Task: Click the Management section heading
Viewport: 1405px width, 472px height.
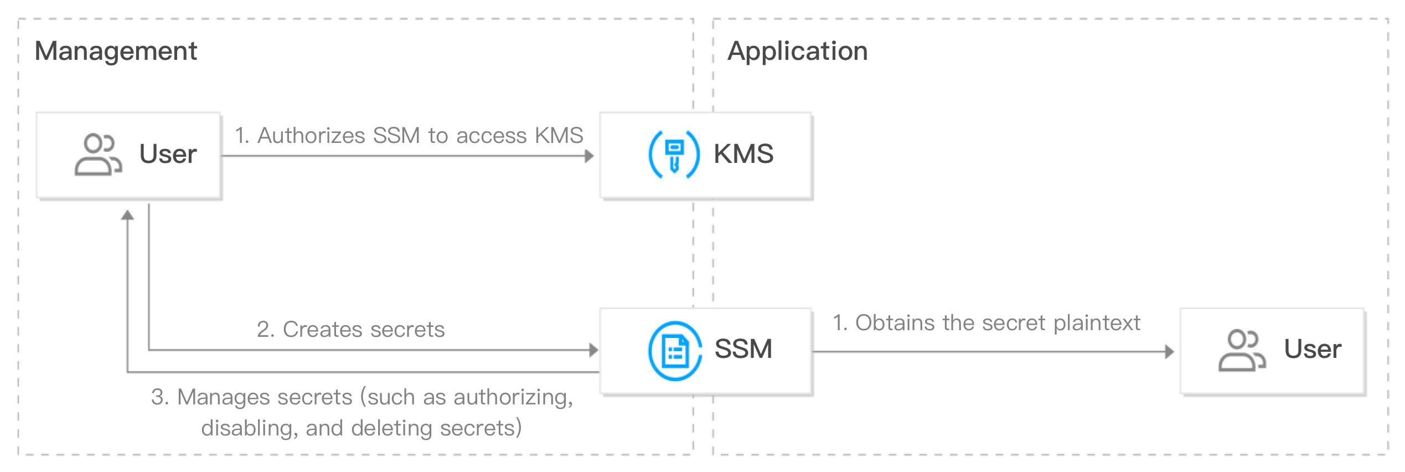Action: (116, 52)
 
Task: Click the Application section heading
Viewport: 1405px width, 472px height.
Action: (797, 52)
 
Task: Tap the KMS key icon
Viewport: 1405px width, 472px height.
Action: (673, 155)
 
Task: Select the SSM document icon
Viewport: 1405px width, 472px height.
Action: (674, 351)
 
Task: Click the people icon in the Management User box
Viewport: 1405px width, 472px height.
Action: (97, 155)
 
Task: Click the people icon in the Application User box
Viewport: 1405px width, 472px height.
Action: (1242, 351)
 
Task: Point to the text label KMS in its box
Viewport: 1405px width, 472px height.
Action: (743, 154)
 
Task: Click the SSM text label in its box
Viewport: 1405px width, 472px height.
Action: (743, 350)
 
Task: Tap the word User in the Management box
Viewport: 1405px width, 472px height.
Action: (168, 154)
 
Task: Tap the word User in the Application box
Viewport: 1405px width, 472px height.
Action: (1313, 350)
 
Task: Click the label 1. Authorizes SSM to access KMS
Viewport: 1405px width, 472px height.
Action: (409, 136)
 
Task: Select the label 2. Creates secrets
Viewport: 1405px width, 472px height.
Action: (350, 330)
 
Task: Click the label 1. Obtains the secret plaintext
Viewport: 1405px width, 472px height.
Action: (986, 322)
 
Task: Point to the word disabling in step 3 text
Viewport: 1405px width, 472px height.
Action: (247, 428)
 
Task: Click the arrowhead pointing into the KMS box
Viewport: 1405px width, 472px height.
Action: (589, 156)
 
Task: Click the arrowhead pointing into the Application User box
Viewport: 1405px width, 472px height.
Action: (1169, 352)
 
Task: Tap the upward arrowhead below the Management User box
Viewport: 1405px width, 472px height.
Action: (128, 216)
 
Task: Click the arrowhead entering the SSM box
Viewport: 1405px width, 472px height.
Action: (594, 350)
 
